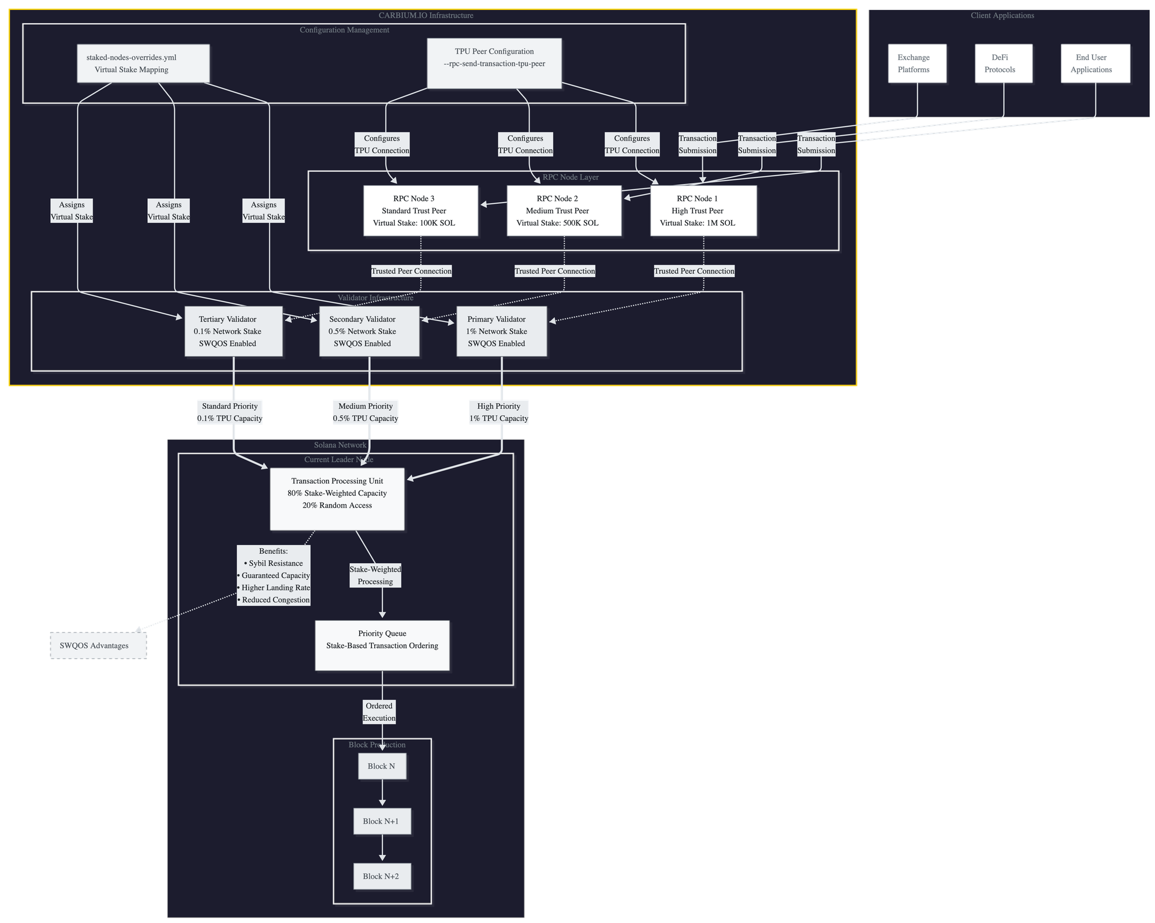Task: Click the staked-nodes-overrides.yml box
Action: (144, 64)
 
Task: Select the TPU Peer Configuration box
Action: (494, 64)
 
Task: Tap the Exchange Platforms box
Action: (917, 64)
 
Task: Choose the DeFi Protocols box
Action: (1004, 64)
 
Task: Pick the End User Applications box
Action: (1096, 64)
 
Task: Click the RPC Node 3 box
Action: (420, 211)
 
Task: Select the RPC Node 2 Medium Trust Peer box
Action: (564, 211)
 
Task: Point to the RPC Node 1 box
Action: (703, 211)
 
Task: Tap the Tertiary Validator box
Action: (233, 331)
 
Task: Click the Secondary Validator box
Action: (369, 331)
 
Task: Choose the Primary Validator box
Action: (501, 331)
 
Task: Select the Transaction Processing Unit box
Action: (337, 498)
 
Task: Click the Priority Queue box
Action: (382, 645)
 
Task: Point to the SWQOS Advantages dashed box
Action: (99, 646)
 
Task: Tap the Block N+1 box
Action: (382, 821)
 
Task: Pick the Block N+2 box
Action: (382, 876)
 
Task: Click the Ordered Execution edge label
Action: (379, 712)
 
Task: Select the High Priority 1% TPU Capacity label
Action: (499, 412)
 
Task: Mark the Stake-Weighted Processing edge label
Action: (375, 575)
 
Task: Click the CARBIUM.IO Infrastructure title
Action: (426, 16)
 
